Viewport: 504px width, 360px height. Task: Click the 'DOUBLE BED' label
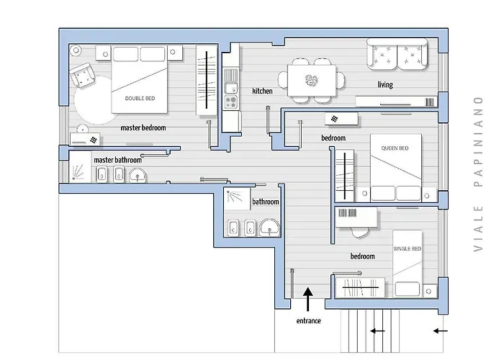[140, 99]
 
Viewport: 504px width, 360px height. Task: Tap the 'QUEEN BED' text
[395, 148]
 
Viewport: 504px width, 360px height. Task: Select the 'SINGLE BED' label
[408, 249]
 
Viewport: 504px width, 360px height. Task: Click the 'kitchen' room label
[262, 91]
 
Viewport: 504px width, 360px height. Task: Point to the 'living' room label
[385, 84]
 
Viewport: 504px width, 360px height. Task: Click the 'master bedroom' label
[143, 127]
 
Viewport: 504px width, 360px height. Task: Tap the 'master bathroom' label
[117, 160]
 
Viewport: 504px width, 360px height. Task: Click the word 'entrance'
[309, 321]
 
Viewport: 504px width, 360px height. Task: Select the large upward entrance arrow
[308, 300]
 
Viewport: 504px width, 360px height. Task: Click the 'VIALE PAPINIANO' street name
[478, 174]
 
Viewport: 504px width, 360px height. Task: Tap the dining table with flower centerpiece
[312, 81]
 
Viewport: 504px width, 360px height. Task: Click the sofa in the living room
[397, 54]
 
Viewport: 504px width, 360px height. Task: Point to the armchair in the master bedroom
[82, 75]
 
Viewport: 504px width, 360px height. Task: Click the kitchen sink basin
[231, 87]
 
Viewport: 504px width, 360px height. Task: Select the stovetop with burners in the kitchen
[231, 102]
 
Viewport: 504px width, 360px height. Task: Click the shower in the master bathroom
[80, 167]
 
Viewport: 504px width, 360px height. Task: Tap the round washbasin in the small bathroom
[269, 227]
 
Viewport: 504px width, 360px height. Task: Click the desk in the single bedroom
[356, 217]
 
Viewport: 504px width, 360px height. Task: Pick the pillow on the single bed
[408, 289]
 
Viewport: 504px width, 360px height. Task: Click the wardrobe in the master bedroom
[207, 80]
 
